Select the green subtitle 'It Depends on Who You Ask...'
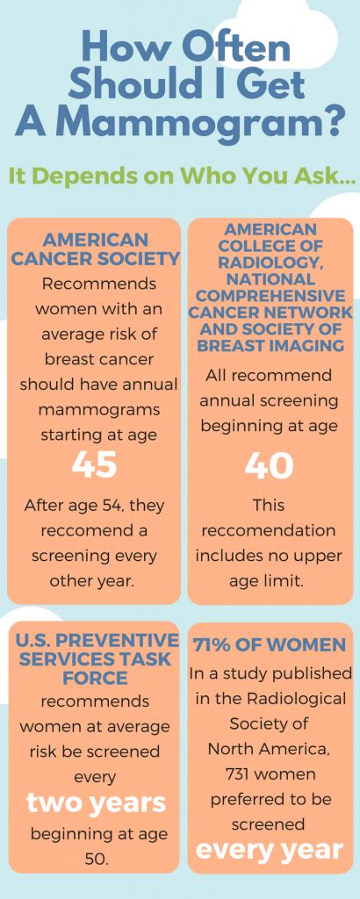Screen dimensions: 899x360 [182, 175]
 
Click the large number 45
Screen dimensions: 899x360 [94, 464]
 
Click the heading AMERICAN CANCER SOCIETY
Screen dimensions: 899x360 [95, 248]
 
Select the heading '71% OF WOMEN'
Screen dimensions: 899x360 [269, 645]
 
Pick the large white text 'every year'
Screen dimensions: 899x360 [269, 850]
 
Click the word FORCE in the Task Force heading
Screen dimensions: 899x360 [95, 678]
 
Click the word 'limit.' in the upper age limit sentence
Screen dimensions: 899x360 [300, 580]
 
